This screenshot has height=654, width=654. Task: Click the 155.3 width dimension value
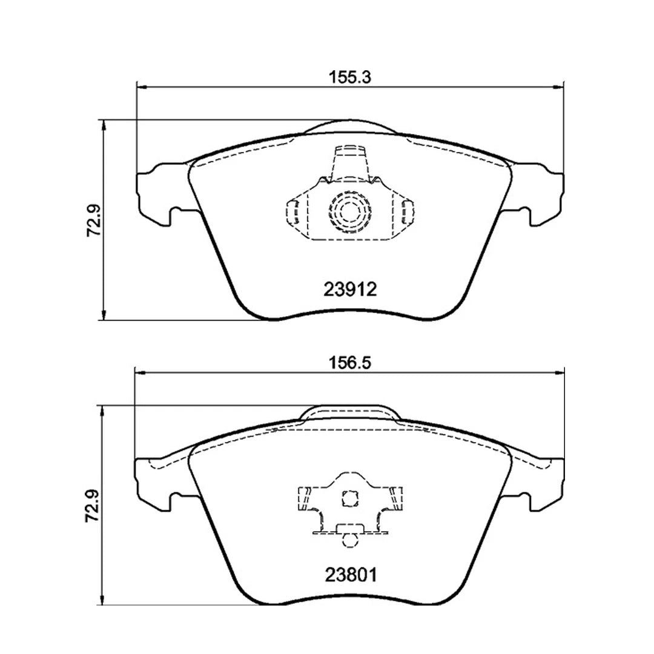pyautogui.click(x=349, y=78)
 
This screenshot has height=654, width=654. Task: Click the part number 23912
pyautogui.click(x=349, y=289)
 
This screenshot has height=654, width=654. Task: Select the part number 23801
pyautogui.click(x=349, y=574)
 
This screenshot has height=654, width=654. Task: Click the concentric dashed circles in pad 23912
pyautogui.click(x=349, y=211)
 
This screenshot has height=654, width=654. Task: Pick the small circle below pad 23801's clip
pyautogui.click(x=349, y=538)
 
